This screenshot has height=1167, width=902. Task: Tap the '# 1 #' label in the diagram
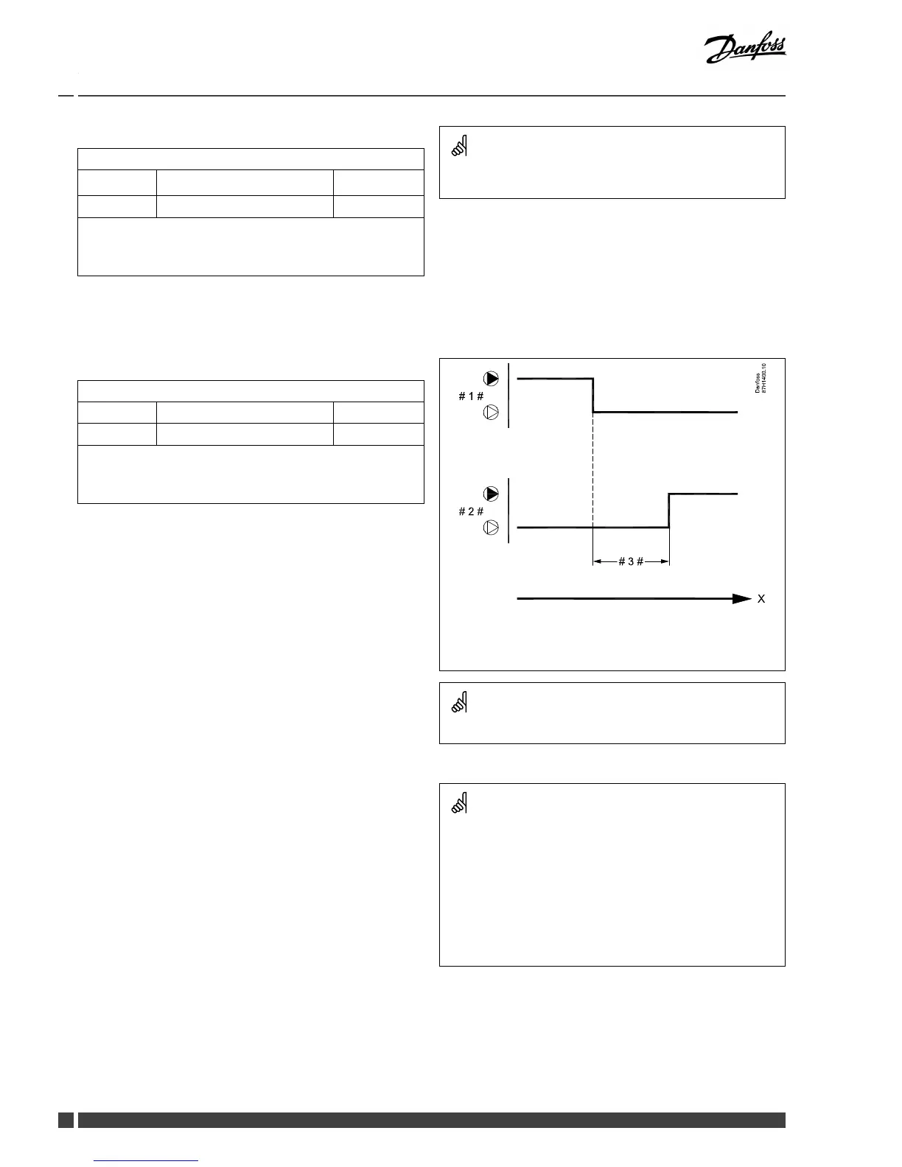tap(471, 396)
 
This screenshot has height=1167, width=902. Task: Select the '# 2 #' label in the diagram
tap(471, 511)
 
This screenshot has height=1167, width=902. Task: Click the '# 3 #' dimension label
tap(631, 561)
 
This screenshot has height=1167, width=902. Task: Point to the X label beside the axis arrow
tap(761, 599)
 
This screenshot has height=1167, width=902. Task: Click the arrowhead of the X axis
tap(742, 599)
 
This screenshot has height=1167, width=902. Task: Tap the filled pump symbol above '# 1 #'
tap(491, 379)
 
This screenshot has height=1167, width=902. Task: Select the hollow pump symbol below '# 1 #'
tap(491, 413)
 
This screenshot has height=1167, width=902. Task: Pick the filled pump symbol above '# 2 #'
tap(491, 494)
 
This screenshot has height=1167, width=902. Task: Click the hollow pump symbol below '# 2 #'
tap(491, 528)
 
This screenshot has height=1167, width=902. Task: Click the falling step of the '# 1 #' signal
tap(593, 396)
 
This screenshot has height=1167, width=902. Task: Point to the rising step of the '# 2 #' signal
tap(669, 511)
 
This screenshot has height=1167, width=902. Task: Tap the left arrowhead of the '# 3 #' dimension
tap(598, 561)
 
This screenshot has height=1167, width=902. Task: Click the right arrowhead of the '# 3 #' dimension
tap(665, 561)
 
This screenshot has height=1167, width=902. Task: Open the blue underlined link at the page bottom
tap(147, 1160)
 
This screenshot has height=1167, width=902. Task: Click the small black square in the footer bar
tap(66, 1120)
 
